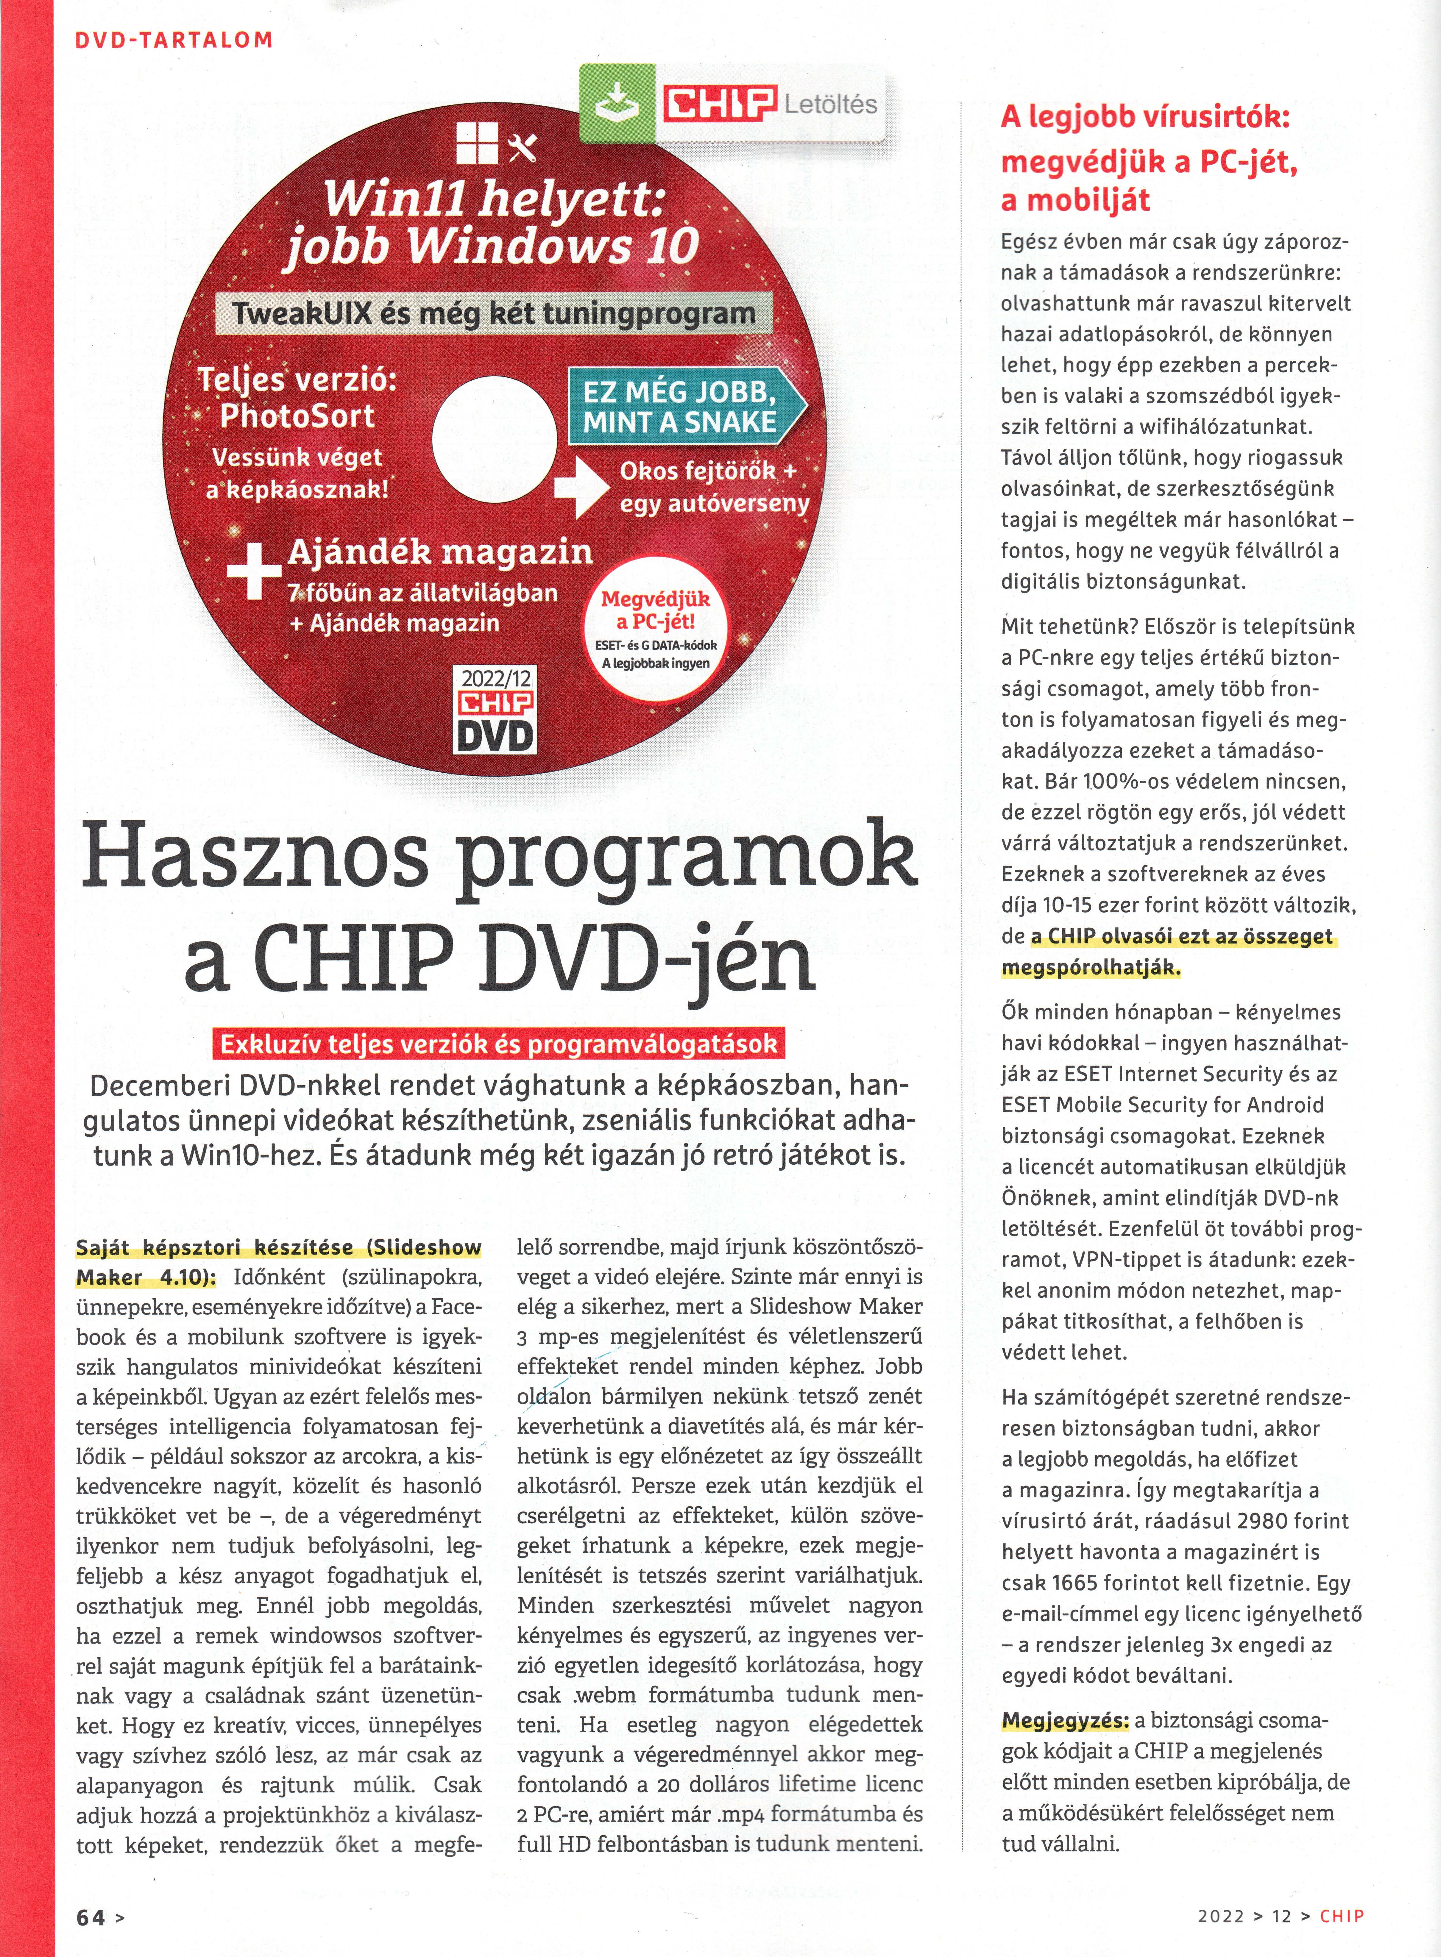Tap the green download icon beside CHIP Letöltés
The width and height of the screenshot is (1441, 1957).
[x=617, y=106]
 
